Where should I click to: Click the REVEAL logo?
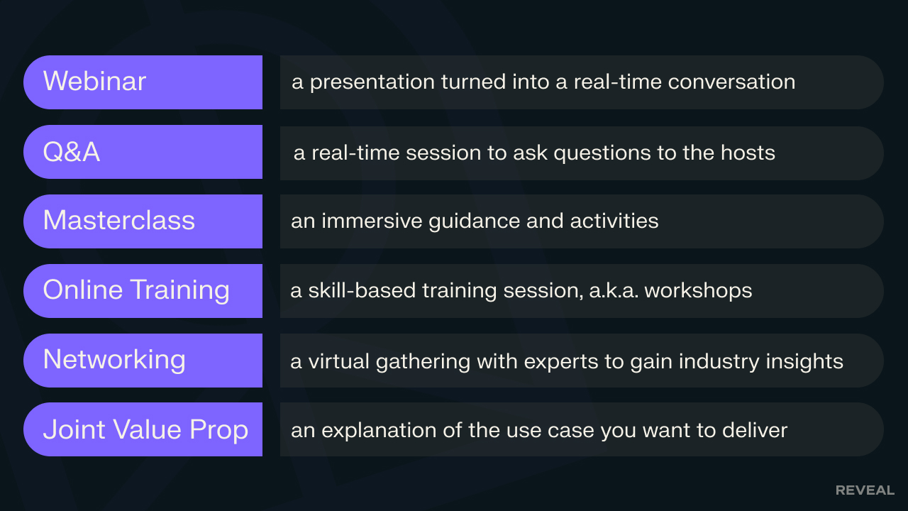(865, 490)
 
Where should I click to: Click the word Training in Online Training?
(181, 291)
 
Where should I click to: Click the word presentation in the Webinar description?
(372, 83)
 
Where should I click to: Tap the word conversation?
(731, 82)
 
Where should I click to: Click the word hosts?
(748, 153)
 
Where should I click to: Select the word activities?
(614, 221)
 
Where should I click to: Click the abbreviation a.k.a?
(614, 291)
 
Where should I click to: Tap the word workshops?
(699, 291)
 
